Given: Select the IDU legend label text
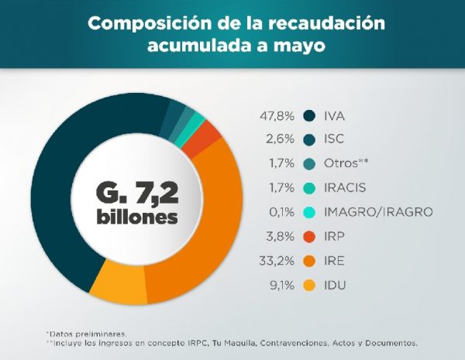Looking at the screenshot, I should pyautogui.click(x=336, y=285).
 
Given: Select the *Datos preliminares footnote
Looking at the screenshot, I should pyautogui.click(x=85, y=333).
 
